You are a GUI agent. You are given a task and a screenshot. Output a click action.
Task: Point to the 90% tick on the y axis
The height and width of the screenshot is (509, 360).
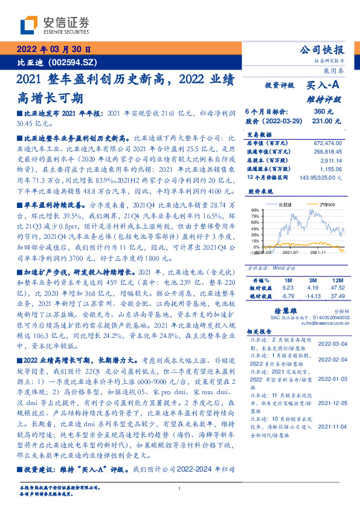click(256, 210)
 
